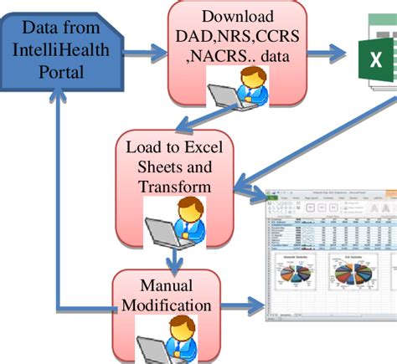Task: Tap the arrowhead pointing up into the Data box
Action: point(56,99)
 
